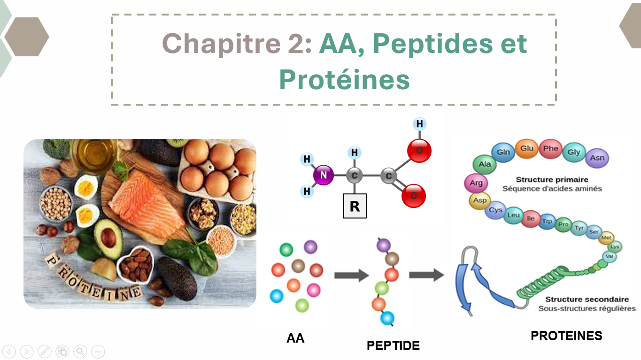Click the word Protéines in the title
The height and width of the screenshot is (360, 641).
click(344, 79)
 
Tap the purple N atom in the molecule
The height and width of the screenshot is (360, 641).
click(324, 175)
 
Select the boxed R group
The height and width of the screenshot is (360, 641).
click(355, 206)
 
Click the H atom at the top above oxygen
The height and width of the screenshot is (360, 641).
click(419, 124)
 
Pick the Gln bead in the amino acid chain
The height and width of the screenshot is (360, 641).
click(503, 152)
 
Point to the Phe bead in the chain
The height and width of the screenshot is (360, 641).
click(550, 148)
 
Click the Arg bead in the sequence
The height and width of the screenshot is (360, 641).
click(476, 183)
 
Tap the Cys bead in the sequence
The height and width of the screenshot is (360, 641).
click(495, 210)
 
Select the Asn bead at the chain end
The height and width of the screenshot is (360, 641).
click(597, 158)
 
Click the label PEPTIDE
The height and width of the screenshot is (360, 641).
click(393, 345)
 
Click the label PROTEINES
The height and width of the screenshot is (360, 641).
click(566, 336)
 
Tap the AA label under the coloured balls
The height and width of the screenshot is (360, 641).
click(295, 338)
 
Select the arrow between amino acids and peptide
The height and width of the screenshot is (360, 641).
click(352, 276)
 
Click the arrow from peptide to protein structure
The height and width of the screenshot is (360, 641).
click(426, 275)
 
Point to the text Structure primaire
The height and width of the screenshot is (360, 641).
click(552, 180)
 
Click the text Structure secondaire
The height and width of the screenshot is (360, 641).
click(587, 299)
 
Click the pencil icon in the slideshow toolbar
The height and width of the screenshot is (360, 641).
click(45, 352)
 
